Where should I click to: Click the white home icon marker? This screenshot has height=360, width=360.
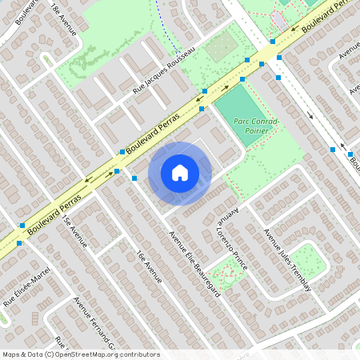(x=180, y=172)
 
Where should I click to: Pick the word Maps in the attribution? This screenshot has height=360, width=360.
(x=12, y=354)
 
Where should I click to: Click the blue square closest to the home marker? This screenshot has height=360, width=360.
(x=134, y=178)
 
